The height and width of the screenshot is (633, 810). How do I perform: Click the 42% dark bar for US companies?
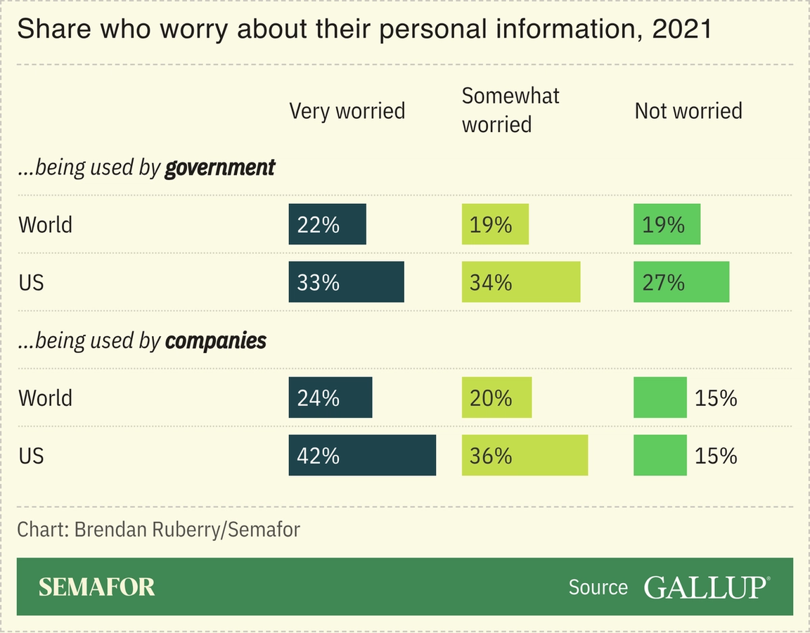(x=362, y=455)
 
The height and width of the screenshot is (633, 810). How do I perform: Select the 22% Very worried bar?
(x=327, y=224)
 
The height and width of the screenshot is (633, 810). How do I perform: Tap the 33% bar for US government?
(x=346, y=282)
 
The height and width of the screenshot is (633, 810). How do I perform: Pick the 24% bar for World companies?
(x=330, y=397)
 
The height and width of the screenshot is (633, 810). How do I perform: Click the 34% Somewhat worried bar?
(x=520, y=282)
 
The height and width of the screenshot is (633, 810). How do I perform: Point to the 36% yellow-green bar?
(x=525, y=455)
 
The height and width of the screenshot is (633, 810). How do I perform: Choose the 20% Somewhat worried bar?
(x=496, y=397)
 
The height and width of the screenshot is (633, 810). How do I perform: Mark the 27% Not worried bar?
(x=681, y=282)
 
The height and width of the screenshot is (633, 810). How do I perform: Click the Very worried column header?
(x=347, y=111)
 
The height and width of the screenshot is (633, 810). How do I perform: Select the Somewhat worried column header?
(x=510, y=110)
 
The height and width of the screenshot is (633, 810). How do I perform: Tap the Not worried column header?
(x=688, y=111)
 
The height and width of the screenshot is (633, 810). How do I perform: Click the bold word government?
(x=219, y=168)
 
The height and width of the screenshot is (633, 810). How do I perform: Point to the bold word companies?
(x=215, y=341)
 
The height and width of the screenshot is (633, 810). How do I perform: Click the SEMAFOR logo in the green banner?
(x=96, y=587)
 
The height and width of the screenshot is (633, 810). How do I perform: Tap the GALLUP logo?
(x=706, y=587)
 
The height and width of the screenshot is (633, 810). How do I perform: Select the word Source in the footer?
(x=598, y=587)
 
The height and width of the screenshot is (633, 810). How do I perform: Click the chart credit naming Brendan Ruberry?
(x=158, y=529)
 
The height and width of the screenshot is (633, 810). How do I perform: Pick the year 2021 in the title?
(x=682, y=30)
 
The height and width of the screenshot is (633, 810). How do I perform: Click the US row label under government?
(x=31, y=282)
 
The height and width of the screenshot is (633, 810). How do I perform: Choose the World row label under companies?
(x=45, y=397)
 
